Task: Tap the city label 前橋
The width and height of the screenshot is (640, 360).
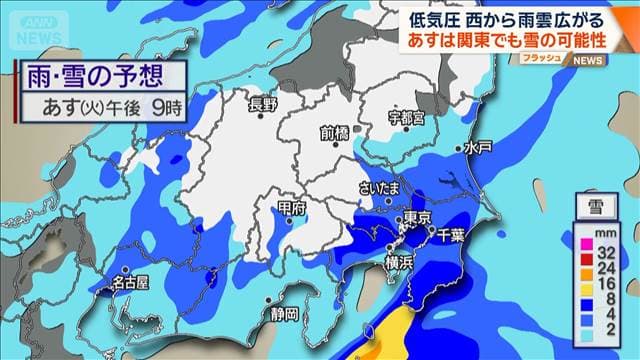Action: click(335, 132)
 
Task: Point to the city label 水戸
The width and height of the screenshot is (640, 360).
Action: click(478, 147)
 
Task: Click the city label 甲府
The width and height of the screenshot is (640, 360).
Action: click(291, 208)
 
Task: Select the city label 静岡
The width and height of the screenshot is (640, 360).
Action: click(283, 314)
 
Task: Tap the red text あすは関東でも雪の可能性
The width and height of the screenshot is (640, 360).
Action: click(516, 42)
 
